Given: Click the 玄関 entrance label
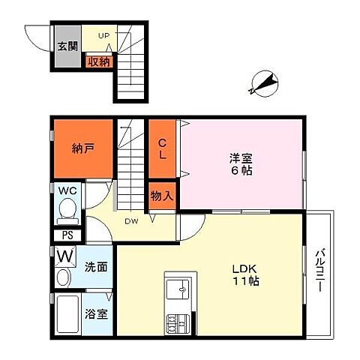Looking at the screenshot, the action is [x=67, y=46].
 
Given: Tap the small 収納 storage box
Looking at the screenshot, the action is [x=99, y=61].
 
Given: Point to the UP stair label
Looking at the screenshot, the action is [x=103, y=36].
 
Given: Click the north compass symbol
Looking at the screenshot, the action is [x=264, y=83].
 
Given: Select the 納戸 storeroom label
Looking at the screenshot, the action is [x=82, y=148].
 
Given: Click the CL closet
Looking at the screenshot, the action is [x=162, y=149].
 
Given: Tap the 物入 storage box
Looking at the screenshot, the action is [x=162, y=196].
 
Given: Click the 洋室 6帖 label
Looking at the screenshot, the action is [x=241, y=164].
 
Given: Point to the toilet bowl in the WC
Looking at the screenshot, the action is [x=67, y=208].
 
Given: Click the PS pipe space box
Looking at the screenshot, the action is [x=67, y=235].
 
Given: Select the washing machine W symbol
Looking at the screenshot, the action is [x=65, y=256].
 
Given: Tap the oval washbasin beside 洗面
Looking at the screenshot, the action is [x=63, y=277].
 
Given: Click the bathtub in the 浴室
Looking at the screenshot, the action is [x=67, y=314].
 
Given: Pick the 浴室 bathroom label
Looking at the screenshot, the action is [x=96, y=314].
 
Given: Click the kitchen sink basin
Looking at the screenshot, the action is [x=178, y=289].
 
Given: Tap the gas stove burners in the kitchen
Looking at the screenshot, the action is [x=178, y=323].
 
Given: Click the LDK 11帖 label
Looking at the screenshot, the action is [x=245, y=275].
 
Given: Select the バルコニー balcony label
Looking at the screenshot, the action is [x=320, y=269].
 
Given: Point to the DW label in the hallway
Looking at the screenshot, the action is [x=131, y=221].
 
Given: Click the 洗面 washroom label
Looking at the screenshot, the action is [x=96, y=267].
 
